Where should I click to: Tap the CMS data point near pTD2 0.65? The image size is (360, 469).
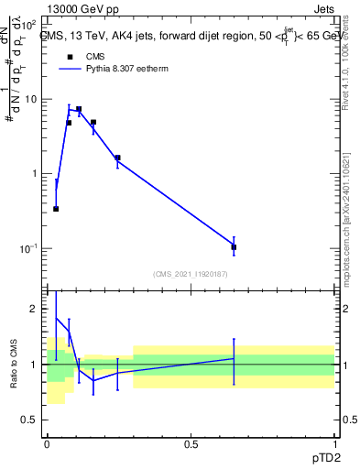234,247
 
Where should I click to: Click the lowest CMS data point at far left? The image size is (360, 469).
56,209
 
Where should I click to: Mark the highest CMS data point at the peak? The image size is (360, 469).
79,109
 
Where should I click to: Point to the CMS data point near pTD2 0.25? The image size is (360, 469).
117,158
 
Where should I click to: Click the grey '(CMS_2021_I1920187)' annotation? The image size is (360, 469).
190,273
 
